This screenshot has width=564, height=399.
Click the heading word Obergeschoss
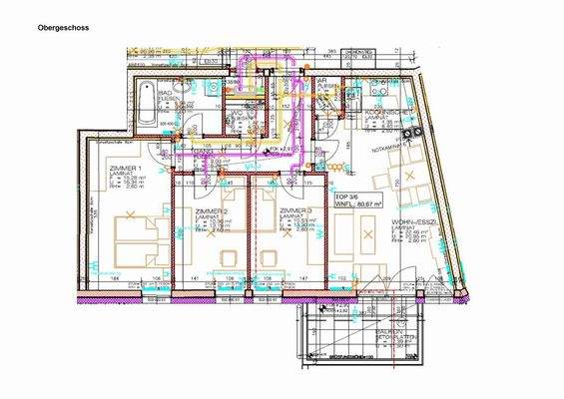(x=62, y=29)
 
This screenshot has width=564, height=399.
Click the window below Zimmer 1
(x=129, y=296)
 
